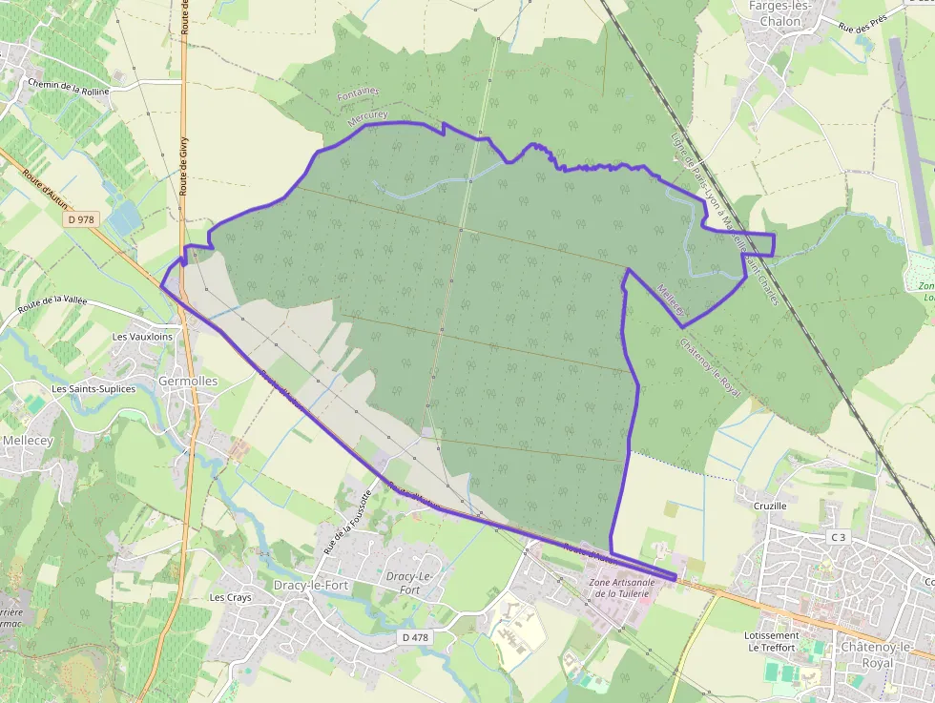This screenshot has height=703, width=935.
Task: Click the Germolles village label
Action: coord(188,381)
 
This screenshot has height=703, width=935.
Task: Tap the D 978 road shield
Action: coord(82,219)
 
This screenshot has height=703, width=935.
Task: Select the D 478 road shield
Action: coord(413,636)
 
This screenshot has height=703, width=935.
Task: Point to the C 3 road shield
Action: coord(838,537)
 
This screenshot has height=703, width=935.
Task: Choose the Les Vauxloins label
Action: coord(142,337)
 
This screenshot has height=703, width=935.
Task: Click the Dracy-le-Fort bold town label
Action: coord(311,585)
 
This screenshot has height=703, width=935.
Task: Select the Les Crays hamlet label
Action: coord(230,597)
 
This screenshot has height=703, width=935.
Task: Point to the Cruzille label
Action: coord(770,506)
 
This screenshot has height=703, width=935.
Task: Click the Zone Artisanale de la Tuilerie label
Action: coord(619,588)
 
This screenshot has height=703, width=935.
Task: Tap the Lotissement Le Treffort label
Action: coord(774,641)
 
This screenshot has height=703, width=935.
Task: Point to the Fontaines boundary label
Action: coord(358,92)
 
